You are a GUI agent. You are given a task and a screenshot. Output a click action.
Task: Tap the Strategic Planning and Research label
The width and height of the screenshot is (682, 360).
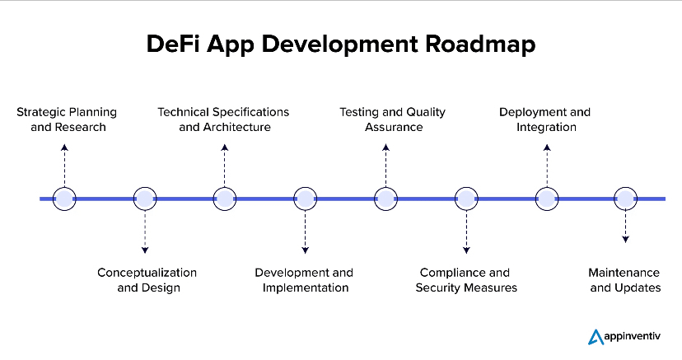67,119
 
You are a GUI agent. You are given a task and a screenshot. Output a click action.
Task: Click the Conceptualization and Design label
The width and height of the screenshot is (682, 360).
147,280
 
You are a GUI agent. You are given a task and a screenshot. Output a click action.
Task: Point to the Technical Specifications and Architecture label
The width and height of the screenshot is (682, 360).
224,119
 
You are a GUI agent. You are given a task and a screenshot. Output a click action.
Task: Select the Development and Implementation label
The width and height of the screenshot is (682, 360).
304,280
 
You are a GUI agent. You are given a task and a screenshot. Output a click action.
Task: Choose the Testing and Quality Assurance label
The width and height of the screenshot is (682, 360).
382,119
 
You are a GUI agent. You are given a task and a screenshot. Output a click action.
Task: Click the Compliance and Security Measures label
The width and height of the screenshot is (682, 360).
465,280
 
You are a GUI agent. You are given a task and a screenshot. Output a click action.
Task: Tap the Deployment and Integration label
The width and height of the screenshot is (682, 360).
544,119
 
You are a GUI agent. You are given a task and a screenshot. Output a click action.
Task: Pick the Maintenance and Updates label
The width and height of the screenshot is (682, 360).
624,280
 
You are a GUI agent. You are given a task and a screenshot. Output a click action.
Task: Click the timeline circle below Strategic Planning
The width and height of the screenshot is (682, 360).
64,199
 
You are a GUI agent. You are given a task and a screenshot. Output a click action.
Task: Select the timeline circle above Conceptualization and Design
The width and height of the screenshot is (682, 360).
145,199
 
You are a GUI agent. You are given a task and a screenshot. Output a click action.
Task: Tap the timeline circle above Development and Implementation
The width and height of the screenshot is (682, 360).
306,199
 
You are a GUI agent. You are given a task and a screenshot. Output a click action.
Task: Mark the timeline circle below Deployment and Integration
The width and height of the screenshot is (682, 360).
547,199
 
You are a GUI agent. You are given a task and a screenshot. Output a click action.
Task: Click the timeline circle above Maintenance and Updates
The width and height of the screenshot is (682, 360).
626,199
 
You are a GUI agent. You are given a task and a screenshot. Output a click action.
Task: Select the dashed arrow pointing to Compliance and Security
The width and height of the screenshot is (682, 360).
466,232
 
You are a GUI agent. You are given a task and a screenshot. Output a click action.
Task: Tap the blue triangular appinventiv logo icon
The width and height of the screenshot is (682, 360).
596,336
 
